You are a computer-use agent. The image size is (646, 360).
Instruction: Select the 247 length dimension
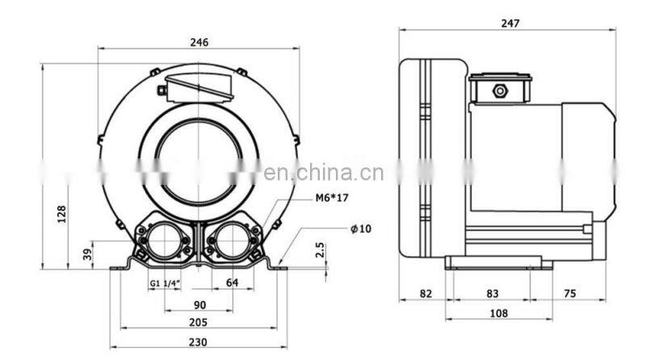point(509,23)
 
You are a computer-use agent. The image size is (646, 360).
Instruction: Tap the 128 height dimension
point(61,215)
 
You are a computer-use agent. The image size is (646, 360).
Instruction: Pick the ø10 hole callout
point(360,228)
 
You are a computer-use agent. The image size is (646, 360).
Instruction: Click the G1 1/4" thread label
point(164,283)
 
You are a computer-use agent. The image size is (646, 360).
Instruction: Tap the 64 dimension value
point(232,283)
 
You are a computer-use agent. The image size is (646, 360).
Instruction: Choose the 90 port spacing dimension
point(199,304)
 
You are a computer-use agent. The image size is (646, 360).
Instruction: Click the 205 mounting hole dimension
point(199,323)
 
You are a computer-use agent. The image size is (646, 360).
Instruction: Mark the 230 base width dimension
point(199,342)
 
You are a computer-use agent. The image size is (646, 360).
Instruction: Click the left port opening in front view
point(166,241)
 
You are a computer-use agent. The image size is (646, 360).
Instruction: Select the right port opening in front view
point(232,241)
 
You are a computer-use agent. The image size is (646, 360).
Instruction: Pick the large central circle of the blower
point(199,157)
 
